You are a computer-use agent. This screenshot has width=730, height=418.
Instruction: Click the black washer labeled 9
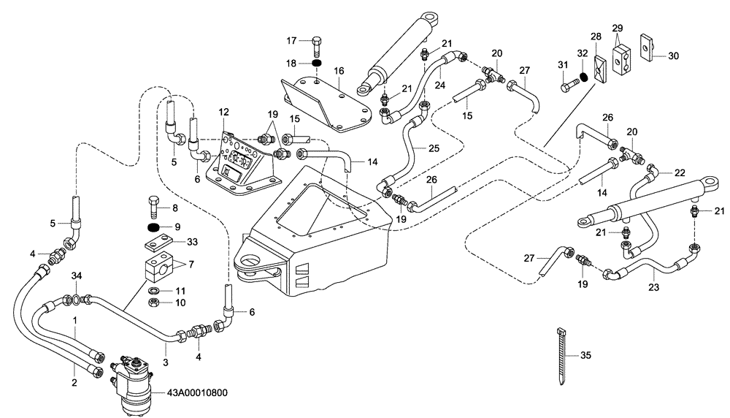point(153,228)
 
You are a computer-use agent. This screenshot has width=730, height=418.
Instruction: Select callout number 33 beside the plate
point(192,242)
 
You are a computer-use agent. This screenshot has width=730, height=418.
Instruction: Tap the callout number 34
point(77,277)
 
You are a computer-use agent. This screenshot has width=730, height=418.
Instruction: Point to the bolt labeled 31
point(568,88)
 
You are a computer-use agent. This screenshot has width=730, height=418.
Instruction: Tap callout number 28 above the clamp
point(596,37)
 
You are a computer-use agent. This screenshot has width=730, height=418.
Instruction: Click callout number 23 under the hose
point(654,288)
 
